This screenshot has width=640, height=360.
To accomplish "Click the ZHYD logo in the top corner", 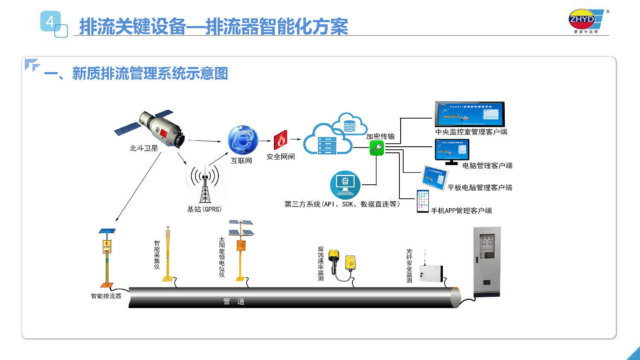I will tap(585, 20).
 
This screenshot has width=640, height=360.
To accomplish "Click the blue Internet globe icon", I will tap(243, 140).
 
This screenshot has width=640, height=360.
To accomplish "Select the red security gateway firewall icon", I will tap(280, 140).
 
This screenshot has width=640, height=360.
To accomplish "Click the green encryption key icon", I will tap(377, 148).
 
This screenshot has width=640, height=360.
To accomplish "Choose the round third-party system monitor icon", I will tap(345, 185).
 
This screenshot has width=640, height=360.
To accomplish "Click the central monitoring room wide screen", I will tap(469, 114).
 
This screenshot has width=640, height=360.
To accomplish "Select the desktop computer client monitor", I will tap(452, 151).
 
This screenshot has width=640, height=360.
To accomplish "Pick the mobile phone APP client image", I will tap(422, 201).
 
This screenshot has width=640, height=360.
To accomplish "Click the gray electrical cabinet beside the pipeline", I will tap(487, 261).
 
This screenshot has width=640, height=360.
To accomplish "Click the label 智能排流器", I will tap(106, 296).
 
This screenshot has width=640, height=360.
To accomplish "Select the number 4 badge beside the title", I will tap(50, 21).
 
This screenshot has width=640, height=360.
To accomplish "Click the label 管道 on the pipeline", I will tap(234, 302).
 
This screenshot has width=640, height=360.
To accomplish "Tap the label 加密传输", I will tap(380, 136).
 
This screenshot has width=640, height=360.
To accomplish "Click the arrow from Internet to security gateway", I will tap(267, 140).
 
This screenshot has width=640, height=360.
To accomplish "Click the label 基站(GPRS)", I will tap(204, 209).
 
